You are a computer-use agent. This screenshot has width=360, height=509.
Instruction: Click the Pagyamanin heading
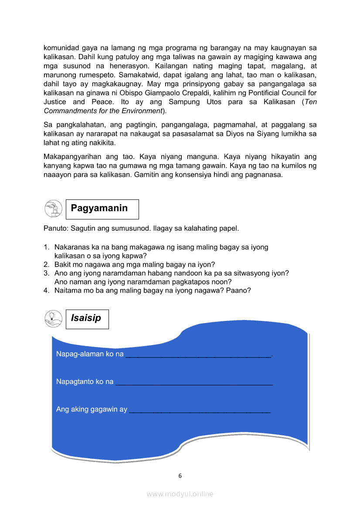[x=99, y=208]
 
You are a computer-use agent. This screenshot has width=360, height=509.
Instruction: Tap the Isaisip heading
[x=86, y=318]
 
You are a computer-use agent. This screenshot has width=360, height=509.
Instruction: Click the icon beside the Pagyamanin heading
[x=53, y=209]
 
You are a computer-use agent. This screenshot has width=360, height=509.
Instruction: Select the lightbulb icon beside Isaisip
[x=53, y=319]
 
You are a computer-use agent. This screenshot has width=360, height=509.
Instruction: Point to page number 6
[x=180, y=476]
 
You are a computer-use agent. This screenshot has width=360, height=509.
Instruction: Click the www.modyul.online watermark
[x=180, y=494]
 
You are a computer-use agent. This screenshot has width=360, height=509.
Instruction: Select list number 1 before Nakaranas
[x=46, y=247]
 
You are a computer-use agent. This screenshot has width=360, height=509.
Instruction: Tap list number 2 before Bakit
[x=46, y=264]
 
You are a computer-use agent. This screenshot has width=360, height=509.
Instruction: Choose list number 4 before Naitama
[x=46, y=290]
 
